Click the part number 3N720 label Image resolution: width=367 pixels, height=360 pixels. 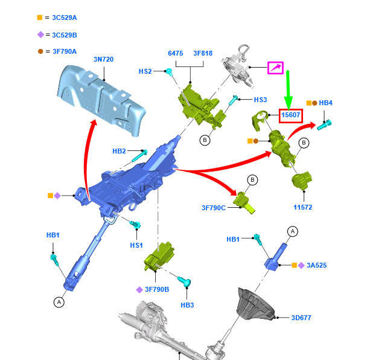point(103,59)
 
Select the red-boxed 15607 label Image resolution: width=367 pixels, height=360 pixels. point(291,116)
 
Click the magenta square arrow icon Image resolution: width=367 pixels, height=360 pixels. point(275,68)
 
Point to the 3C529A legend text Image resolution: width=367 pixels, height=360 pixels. point(65,18)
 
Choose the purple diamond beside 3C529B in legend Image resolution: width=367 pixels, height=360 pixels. point(40,34)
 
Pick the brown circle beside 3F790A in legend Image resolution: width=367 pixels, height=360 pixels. point(40,51)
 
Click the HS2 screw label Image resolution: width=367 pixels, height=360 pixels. point(145,71)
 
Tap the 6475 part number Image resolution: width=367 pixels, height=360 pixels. point(176,53)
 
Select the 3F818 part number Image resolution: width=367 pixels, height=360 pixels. point(203,53)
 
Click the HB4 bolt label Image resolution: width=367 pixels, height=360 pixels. point(325,103)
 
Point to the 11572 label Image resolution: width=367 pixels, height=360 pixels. point(303,207)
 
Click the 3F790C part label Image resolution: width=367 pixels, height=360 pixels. point(214,208)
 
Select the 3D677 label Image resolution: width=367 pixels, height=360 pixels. point(301,318)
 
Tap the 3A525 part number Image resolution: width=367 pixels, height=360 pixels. point(317,265)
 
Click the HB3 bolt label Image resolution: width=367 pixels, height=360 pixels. point(187,305)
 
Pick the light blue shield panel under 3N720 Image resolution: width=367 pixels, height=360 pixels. point(101,100)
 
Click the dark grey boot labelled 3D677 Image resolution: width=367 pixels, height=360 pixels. point(255,304)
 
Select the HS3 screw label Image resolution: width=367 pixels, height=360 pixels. point(260,100)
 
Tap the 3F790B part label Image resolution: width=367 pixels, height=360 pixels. point(157,289)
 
